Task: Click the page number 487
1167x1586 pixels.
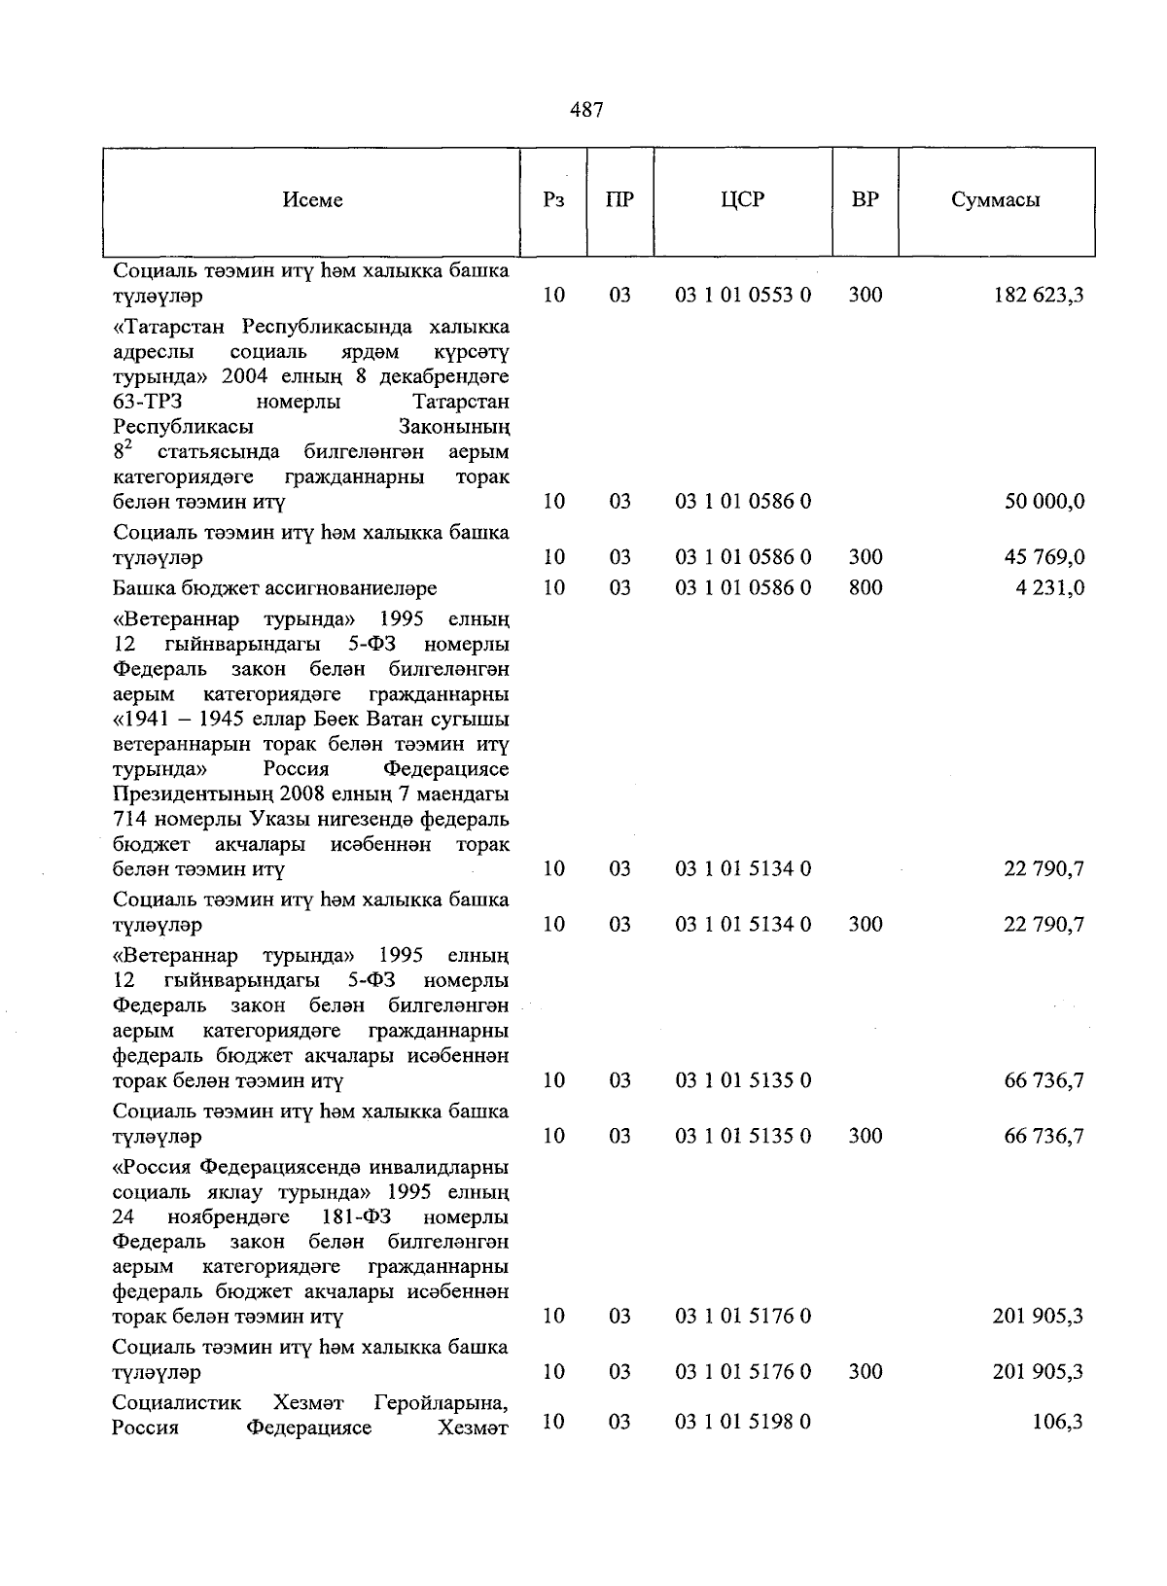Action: [586, 111]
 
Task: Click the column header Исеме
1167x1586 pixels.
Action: [312, 200]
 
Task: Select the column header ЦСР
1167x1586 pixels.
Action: [743, 200]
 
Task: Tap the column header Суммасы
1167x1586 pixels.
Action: [995, 200]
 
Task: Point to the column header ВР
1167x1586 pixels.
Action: [865, 200]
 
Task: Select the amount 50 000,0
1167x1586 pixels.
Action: [1043, 502]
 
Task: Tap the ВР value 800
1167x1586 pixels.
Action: [865, 587]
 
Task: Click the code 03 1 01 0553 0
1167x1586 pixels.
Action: [743, 295]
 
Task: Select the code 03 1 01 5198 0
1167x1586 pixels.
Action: [743, 1422]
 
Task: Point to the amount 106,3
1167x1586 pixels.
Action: [1059, 1422]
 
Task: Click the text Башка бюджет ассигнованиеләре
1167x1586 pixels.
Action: [275, 588]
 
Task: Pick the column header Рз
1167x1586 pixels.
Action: [553, 200]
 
